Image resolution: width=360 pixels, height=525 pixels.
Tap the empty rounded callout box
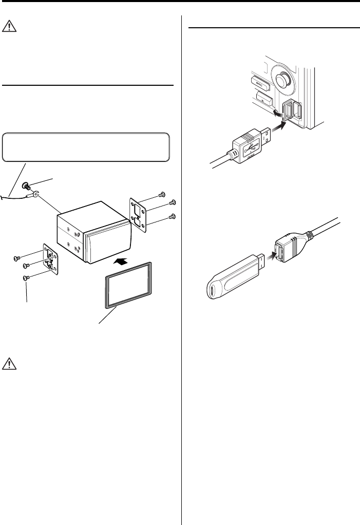pos(86,146)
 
